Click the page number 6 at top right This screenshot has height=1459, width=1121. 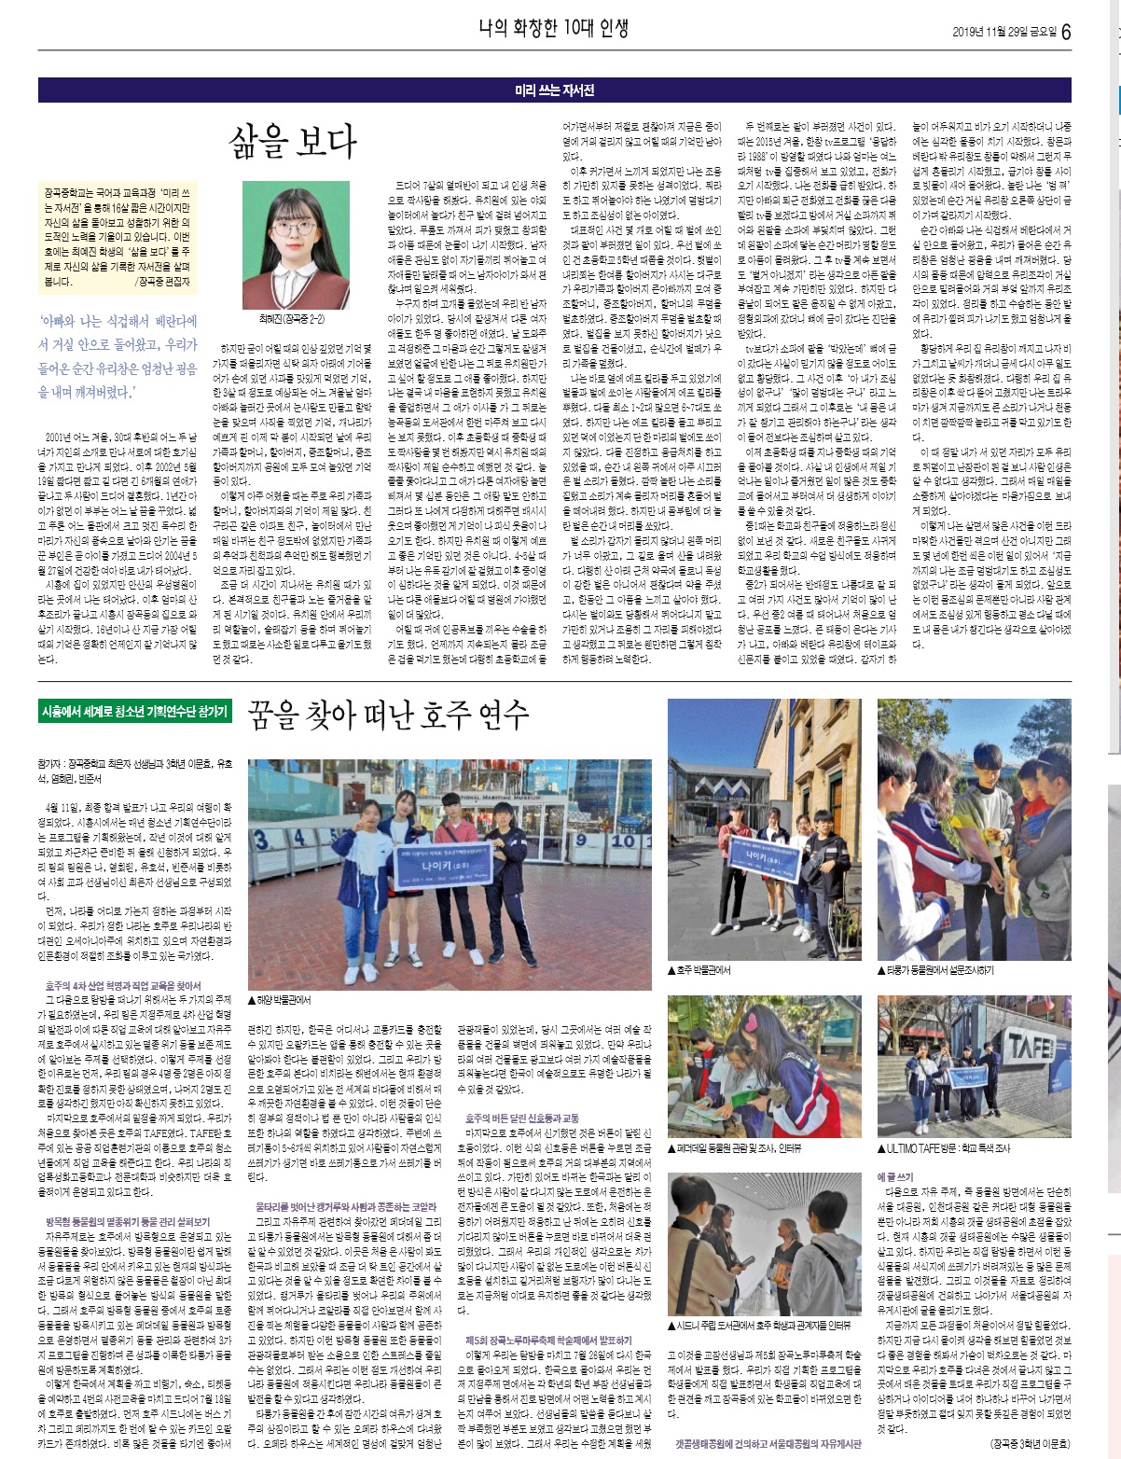coord(1066,32)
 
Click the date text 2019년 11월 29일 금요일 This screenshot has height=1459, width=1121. coord(1004,33)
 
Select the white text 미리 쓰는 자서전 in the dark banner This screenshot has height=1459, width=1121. coord(554,90)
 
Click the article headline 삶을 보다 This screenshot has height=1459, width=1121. coord(293,142)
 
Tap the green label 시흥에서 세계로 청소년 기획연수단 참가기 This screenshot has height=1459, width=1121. coord(134,712)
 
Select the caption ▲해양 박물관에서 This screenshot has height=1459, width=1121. coord(279,999)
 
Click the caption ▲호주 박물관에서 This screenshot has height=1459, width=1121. coord(699,970)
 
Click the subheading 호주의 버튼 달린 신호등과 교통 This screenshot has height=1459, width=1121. coord(521,1118)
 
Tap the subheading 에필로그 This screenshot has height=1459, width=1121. coord(895,1177)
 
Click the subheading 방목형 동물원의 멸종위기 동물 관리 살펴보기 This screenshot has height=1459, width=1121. coord(128,1221)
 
